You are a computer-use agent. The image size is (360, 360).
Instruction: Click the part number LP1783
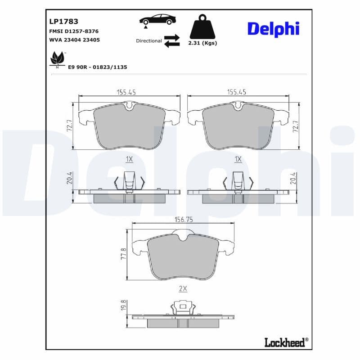63,21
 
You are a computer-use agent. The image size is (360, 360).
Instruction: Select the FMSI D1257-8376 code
74,31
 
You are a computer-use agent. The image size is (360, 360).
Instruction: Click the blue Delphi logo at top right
273,28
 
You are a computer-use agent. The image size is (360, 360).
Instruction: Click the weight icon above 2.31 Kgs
203,27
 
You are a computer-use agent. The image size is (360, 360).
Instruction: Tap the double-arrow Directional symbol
172,40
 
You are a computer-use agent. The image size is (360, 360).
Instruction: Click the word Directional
149,41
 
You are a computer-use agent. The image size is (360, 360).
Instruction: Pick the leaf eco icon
57,59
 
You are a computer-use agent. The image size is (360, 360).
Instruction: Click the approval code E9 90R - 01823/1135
98,67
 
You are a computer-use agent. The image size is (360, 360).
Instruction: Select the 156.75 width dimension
183,220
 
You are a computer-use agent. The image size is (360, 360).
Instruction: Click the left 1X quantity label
129,159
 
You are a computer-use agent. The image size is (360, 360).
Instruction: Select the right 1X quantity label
238,159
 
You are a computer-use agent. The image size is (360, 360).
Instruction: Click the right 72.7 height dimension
296,126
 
